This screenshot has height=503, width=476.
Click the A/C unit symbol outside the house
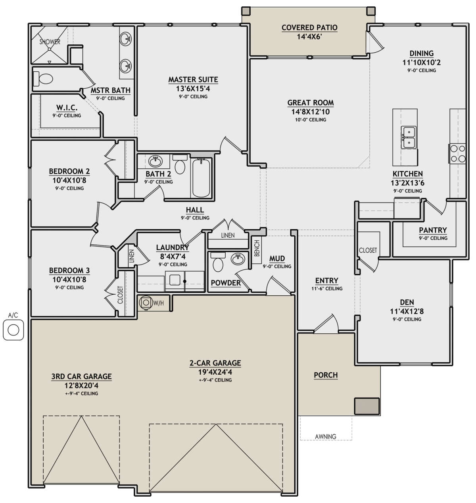click(13, 330)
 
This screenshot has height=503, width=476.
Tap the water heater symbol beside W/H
click(146, 303)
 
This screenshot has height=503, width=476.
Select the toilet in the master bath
click(43, 79)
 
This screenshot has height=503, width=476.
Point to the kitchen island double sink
click(408, 137)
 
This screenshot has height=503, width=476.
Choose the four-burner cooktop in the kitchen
click(458, 154)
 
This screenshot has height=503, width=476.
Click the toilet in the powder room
click(218, 262)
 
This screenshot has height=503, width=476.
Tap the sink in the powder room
click(238, 259)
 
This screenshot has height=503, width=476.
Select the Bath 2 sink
click(155, 161)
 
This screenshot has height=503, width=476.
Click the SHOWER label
click(50, 42)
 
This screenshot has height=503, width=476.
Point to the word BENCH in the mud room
click(257, 248)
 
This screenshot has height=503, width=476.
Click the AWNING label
click(326, 436)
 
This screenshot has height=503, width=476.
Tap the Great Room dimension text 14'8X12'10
click(311, 112)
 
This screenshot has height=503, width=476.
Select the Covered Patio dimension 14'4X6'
click(309, 37)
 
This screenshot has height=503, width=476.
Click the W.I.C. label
click(67, 108)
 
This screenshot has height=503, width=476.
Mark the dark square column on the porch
click(367, 406)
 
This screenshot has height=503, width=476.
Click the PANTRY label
click(433, 230)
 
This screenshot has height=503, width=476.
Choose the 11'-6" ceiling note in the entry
click(327, 288)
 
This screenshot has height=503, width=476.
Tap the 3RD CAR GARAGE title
click(81, 376)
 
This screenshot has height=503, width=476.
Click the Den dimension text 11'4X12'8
click(407, 311)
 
